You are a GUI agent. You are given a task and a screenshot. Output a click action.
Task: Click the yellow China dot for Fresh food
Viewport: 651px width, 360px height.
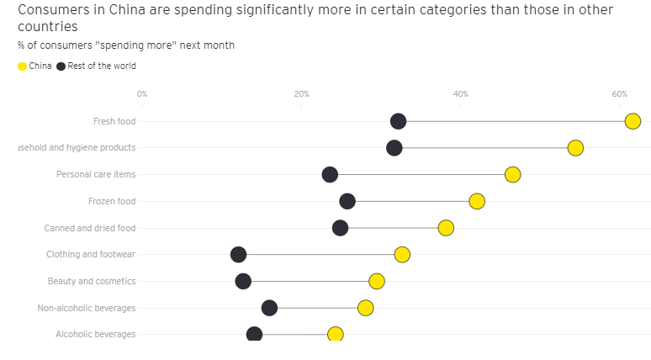632,121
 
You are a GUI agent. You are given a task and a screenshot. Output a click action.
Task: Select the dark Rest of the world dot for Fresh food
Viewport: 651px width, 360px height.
399,121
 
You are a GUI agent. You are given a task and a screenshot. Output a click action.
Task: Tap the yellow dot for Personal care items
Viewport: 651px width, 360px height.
512,174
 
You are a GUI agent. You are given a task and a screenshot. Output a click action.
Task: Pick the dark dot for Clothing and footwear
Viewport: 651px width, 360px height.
238,254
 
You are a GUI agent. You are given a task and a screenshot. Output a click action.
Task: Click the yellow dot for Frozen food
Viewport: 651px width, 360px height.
477,201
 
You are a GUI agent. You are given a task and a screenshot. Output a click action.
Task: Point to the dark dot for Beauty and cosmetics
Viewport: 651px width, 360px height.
243,281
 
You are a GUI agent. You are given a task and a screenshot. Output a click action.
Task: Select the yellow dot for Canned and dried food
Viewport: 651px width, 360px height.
446,228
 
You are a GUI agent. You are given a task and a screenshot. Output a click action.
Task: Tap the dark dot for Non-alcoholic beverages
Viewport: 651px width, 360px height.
269,308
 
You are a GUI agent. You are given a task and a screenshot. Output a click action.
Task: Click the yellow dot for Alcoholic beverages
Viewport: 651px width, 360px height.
335,334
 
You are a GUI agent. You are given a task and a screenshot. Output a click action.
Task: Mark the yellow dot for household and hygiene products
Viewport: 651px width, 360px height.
575,148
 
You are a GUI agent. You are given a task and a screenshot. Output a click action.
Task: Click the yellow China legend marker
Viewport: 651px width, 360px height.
22,66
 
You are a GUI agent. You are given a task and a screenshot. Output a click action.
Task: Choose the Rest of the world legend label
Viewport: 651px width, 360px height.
101,66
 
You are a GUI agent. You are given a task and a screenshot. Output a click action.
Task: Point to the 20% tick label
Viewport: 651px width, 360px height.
301,93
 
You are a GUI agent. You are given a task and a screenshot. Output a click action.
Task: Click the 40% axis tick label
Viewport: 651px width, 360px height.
460,93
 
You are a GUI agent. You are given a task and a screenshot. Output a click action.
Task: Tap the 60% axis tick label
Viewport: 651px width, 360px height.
619,93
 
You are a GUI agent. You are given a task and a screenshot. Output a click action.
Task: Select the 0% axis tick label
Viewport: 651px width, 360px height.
141,93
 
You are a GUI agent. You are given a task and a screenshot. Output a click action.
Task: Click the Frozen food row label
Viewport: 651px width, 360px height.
112,201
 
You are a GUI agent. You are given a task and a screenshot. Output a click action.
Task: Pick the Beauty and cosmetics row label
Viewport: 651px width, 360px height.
92,281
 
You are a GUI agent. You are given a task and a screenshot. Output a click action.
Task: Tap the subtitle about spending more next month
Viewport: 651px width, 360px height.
126,45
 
